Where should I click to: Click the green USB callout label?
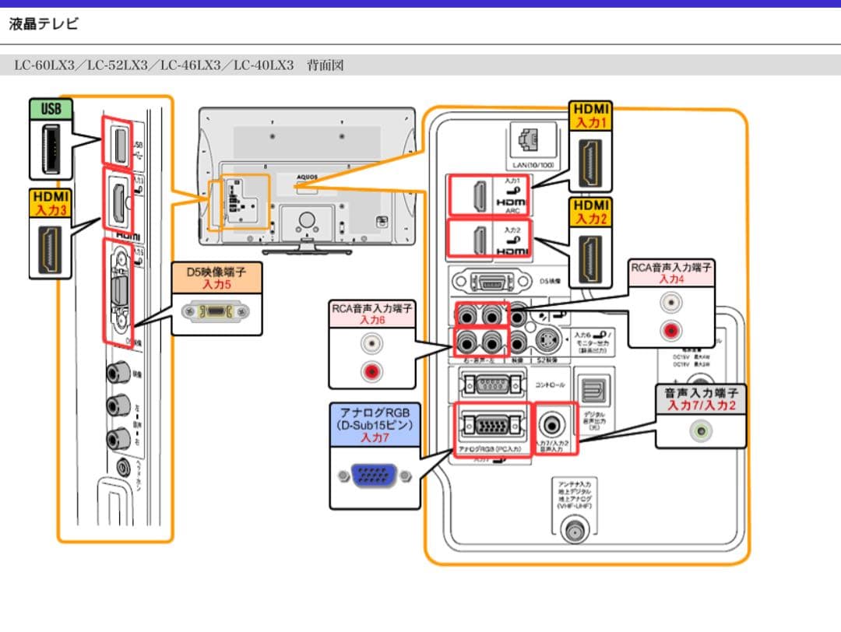pyautogui.click(x=51, y=108)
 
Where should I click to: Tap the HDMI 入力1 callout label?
pyautogui.click(x=592, y=115)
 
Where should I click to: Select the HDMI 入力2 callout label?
pyautogui.click(x=592, y=212)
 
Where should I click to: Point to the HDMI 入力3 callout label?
pyautogui.click(x=51, y=204)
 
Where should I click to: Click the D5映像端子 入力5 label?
pyautogui.click(x=216, y=279)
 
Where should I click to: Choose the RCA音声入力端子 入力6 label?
pyautogui.click(x=371, y=314)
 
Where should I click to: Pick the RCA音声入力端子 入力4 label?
pyautogui.click(x=670, y=272)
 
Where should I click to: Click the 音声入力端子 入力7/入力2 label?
pyautogui.click(x=700, y=399)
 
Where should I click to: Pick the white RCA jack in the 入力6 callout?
pyautogui.click(x=371, y=342)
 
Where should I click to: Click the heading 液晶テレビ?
pyautogui.click(x=44, y=24)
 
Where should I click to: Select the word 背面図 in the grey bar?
pyautogui.click(x=325, y=65)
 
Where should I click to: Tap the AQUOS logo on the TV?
pyautogui.click(x=308, y=177)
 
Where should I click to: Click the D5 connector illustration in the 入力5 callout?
pyautogui.click(x=216, y=312)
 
